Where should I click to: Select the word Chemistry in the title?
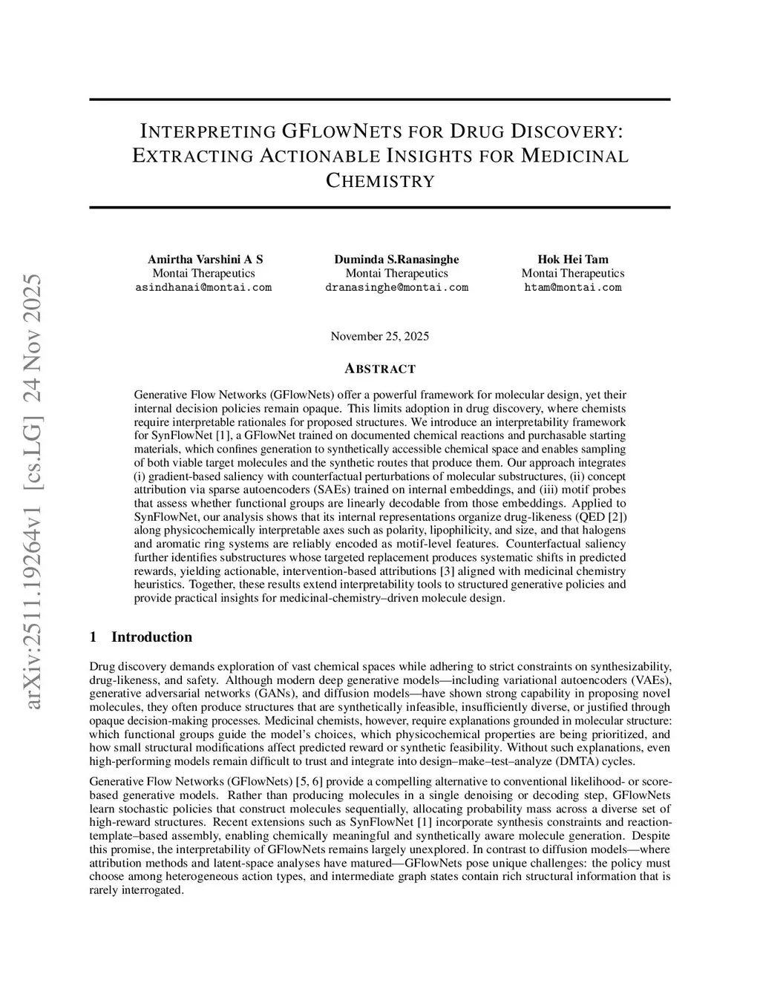380,180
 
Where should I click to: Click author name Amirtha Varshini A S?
205,259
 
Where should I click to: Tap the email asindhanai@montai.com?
203,287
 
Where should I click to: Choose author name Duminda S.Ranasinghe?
396,259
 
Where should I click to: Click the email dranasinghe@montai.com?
396,287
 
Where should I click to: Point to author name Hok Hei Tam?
572,259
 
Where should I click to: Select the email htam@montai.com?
572,287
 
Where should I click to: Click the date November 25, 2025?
379,336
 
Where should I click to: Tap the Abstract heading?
380,369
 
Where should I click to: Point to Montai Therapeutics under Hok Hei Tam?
572,273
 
